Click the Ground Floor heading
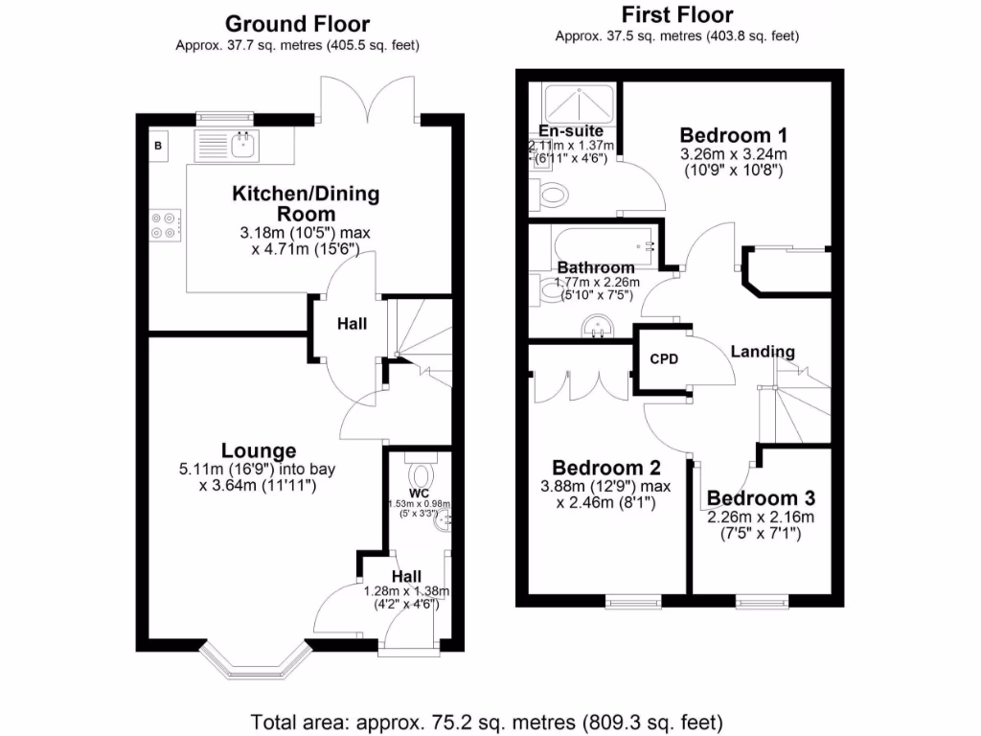[297, 24]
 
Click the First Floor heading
[677, 14]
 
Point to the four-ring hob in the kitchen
[163, 224]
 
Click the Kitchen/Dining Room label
[306, 203]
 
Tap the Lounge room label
[259, 450]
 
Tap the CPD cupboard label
[664, 359]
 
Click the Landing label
[763, 352]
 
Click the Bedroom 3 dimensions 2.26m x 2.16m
[761, 517]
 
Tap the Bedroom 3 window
[763, 602]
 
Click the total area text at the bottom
[487, 721]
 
